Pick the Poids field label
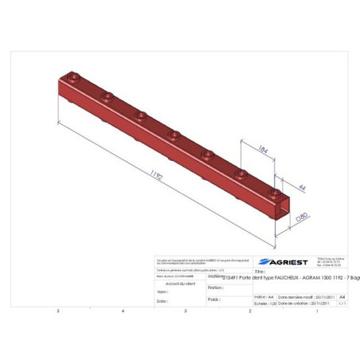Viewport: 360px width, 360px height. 213,299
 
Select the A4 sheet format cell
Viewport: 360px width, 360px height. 343,295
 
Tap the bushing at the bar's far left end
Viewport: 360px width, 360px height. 73,79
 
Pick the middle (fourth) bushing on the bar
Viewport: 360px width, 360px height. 174,135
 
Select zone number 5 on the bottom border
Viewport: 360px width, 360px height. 57,311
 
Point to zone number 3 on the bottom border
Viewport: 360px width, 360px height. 186,311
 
